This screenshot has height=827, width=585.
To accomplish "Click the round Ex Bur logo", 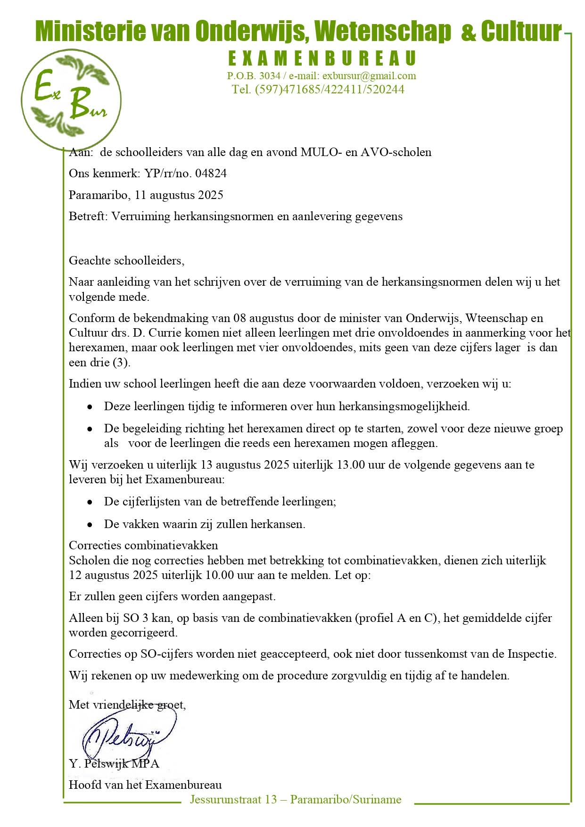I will click(71, 100).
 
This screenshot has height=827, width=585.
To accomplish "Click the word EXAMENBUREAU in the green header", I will click(322, 58).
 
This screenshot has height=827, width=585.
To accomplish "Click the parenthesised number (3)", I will click(121, 363).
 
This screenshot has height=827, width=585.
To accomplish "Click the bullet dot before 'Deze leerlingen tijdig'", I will click(90, 406).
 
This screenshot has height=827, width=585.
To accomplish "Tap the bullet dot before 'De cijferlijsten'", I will click(90, 502).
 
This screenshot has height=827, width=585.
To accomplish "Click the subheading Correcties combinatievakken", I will click(143, 546).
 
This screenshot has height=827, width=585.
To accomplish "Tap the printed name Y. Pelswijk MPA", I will click(114, 763).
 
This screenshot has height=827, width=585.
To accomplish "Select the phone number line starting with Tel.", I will click(318, 90).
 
